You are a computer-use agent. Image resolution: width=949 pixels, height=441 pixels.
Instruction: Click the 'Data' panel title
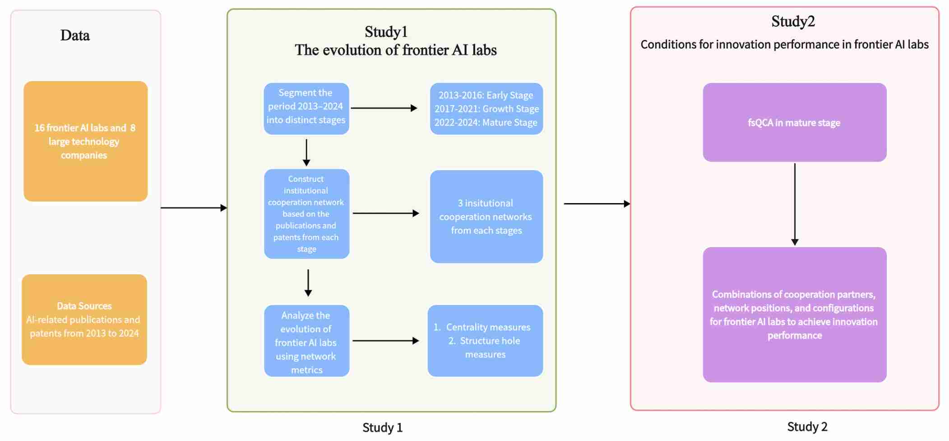(75, 35)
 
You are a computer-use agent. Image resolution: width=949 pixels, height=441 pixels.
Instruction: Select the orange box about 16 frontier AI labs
(85, 141)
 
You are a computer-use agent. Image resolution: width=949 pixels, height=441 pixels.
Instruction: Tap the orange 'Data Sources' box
(84, 320)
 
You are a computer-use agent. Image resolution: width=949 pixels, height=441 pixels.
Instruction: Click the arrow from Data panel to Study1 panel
(194, 208)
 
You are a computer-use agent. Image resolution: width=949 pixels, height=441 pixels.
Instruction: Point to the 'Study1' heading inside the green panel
(386, 32)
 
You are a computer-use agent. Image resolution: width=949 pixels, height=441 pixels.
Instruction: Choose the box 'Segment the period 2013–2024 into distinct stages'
(306, 108)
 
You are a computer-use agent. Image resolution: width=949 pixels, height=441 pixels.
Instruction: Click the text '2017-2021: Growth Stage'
(486, 109)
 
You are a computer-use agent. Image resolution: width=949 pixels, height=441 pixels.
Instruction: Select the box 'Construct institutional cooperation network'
(306, 214)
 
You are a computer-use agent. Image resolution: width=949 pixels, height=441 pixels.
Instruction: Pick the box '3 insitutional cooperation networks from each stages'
(486, 217)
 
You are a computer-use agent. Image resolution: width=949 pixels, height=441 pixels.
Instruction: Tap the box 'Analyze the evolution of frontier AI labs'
(306, 341)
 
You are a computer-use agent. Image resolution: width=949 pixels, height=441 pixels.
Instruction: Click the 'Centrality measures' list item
(488, 327)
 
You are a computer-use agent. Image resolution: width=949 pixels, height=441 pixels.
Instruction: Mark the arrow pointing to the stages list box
(384, 108)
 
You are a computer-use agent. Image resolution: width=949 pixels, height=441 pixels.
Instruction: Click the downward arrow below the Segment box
(306, 152)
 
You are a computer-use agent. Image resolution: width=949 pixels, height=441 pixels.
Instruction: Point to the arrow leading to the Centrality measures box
(386, 341)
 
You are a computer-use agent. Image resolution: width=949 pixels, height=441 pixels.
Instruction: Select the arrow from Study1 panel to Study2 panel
(597, 204)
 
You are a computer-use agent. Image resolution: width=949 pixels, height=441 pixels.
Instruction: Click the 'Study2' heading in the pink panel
(793, 22)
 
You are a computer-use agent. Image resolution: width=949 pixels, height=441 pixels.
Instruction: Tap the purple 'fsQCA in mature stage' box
(794, 122)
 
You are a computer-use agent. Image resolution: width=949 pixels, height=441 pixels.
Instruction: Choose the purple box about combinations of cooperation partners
(794, 315)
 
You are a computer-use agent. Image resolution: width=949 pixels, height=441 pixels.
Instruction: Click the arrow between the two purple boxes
(795, 204)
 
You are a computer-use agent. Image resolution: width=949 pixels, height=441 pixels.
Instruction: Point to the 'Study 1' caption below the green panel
(382, 427)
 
